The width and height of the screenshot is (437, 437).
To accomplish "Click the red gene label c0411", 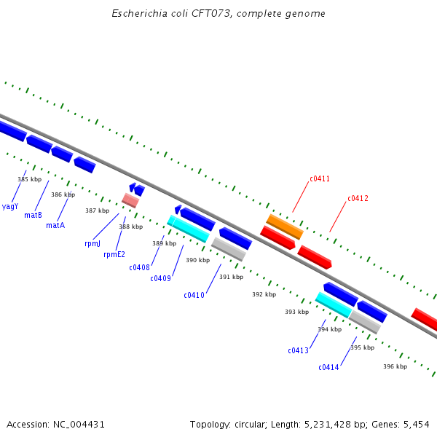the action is pos(320,178).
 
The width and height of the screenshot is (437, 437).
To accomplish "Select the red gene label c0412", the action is pos(358,198).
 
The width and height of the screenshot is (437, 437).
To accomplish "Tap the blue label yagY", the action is pos(10,206).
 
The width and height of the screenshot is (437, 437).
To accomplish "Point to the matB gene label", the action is pos(33,215).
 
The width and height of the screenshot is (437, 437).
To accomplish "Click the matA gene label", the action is pos(55,225).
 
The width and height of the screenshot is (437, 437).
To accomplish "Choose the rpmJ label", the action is pos(92,244).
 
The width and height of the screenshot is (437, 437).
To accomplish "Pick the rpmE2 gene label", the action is pos(114,254).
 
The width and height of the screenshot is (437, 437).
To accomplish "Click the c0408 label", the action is pos(139,267).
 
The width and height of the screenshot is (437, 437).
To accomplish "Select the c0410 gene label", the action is pos(194,295).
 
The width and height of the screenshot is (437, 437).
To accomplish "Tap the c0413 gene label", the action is pos(298,350).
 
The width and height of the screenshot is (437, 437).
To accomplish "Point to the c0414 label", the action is pos(328,367).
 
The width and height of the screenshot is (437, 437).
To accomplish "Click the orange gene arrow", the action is pos(284,226).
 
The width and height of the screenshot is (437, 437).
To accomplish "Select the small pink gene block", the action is pos(130,200).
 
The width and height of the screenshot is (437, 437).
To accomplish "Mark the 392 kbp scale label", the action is pos(264,294).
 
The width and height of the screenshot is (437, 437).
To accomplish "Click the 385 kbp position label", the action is pos(30,179).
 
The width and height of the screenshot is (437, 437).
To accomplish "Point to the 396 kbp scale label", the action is pos(395,366).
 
